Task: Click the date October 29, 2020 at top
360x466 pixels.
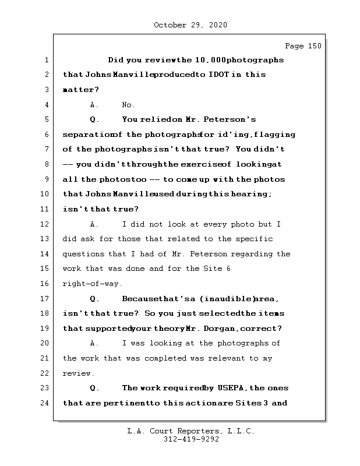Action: click(x=190, y=25)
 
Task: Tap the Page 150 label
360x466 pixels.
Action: click(x=302, y=46)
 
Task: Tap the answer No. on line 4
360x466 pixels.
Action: click(x=128, y=105)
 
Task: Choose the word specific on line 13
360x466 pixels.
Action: click(x=256, y=239)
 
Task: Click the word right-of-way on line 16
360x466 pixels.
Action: click(x=84, y=284)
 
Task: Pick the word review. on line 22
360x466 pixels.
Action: click(x=78, y=373)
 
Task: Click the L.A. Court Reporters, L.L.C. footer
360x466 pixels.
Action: click(x=190, y=432)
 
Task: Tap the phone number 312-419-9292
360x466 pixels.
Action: click(x=190, y=440)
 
